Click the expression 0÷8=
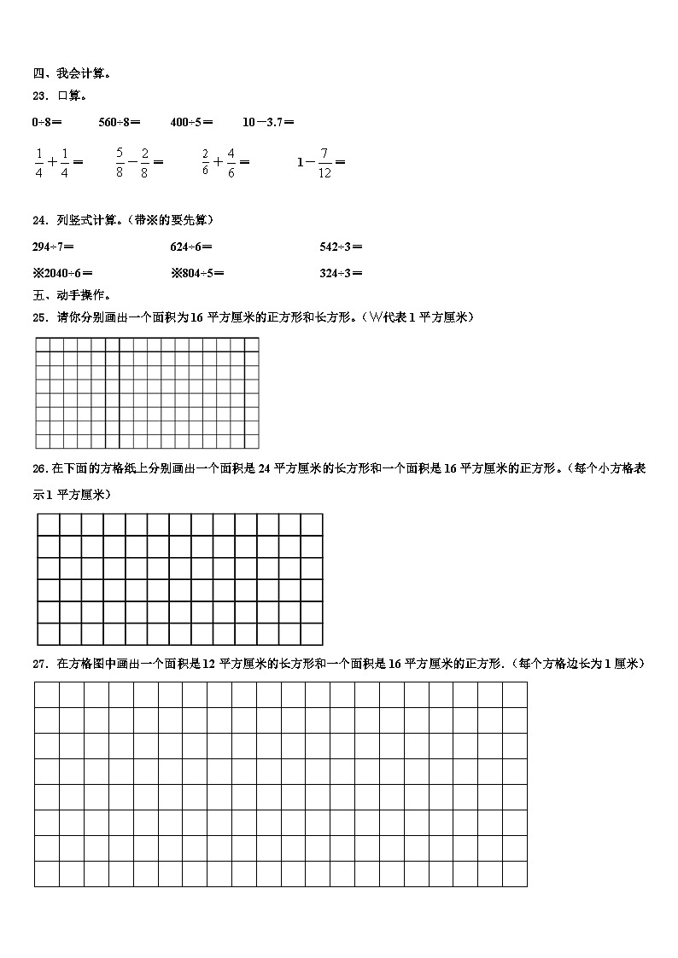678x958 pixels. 47,122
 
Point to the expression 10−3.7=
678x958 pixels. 268,122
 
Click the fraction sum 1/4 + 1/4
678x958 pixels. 58,161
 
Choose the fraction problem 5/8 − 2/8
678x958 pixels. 139,161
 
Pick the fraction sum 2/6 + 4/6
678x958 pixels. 225,161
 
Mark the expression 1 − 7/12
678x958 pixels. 320,161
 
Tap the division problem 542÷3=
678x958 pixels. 341,247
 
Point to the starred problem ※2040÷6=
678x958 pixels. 61,273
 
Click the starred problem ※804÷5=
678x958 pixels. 198,273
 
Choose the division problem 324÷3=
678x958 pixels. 341,273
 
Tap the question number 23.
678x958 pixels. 40,96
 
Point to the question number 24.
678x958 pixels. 40,220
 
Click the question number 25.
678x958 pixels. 40,317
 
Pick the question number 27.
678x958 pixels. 40,664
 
